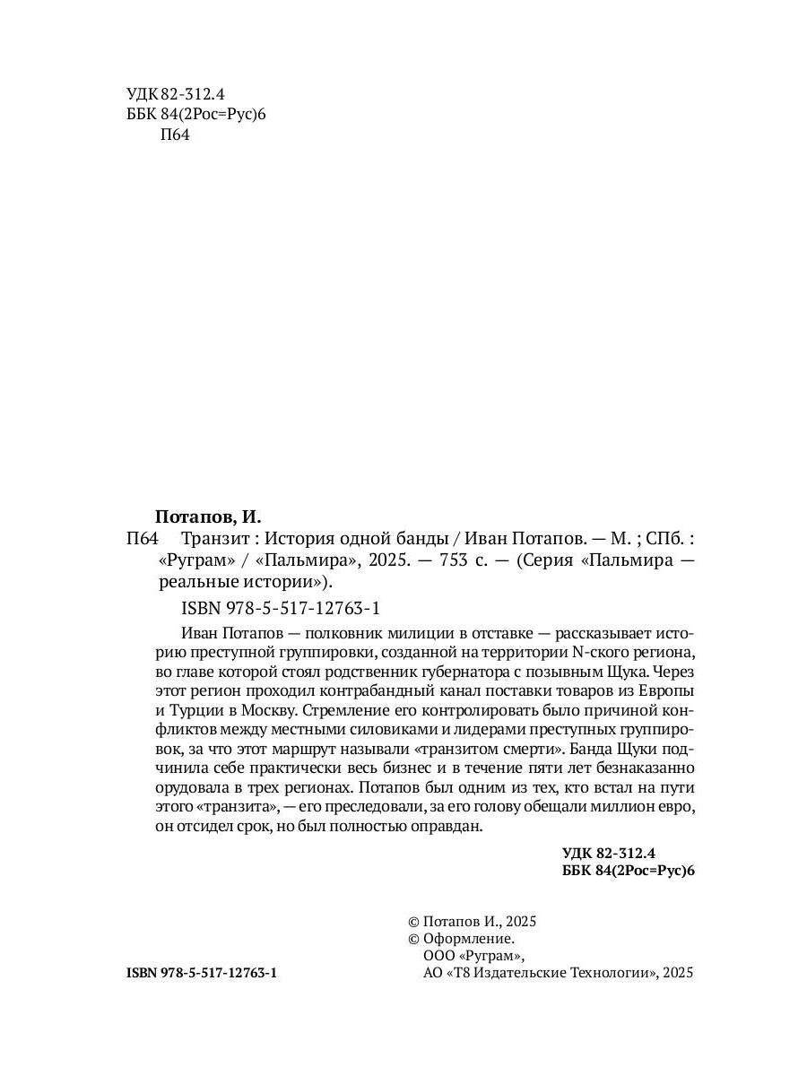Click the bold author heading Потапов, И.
[207, 516]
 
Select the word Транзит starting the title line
[211, 540]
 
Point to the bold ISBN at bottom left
[202, 973]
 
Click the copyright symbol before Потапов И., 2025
[413, 922]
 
